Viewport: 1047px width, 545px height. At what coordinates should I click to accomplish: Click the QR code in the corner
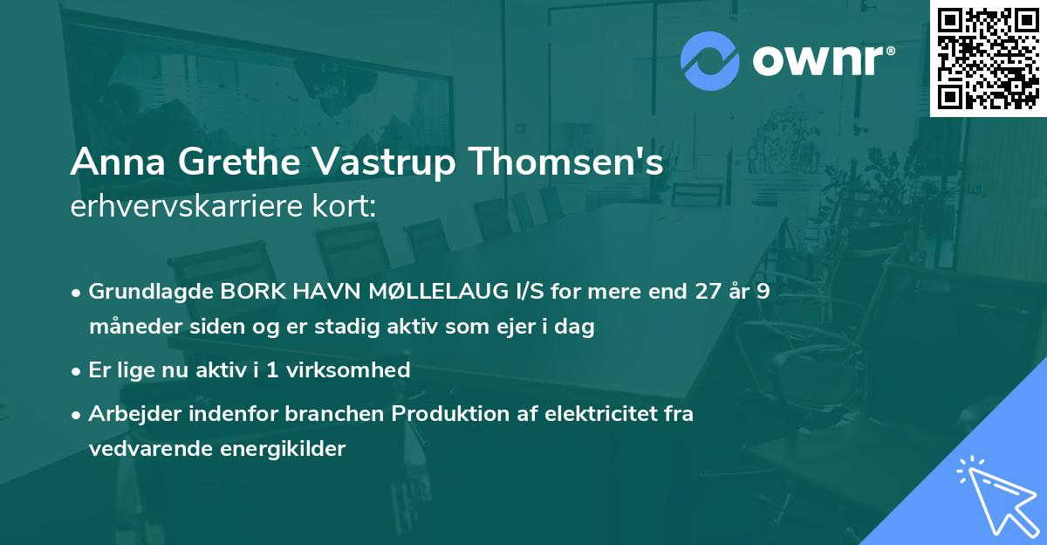(x=988, y=58)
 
